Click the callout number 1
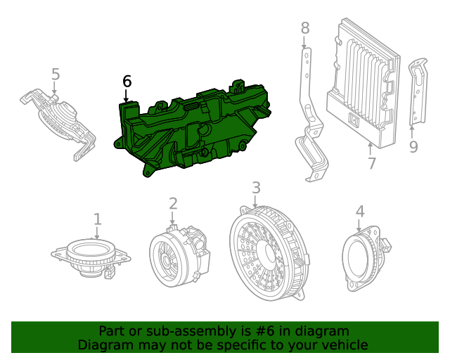click(98, 219)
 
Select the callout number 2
click(173, 204)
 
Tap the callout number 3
click(256, 188)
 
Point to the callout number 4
click(359, 211)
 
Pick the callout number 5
click(56, 75)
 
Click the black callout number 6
click(127, 82)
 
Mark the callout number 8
click(304, 28)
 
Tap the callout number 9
click(413, 146)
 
